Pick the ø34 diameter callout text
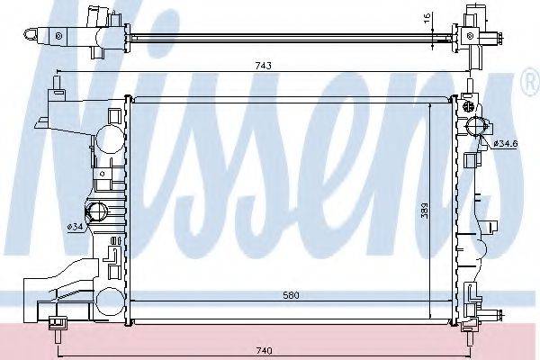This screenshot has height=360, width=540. (76, 227)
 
